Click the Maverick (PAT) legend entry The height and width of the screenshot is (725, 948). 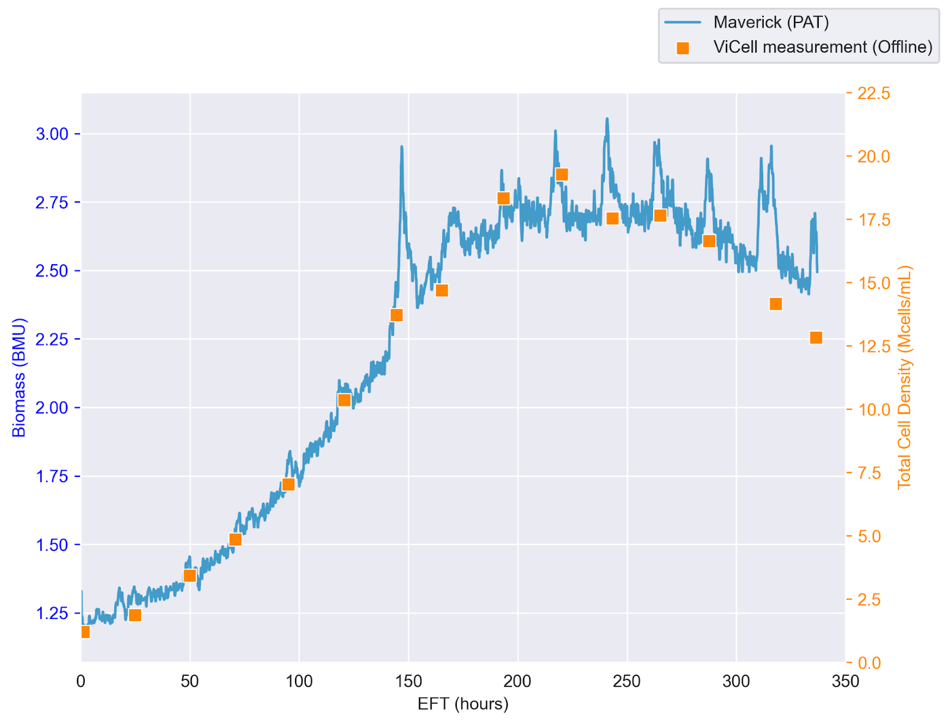770,23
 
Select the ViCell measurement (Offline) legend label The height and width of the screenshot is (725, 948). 822,47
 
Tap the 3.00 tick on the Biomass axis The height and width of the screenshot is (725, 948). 52,134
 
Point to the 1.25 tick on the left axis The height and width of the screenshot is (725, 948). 52,613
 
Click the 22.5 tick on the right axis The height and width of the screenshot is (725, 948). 874,94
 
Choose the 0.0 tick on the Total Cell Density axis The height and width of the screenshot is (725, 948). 869,663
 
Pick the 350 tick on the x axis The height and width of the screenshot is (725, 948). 845,682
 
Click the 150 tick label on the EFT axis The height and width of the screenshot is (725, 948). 408,682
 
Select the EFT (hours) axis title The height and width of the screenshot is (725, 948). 463,704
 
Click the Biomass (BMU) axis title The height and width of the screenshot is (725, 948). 19,377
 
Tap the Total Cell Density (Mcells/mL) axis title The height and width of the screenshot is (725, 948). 904,377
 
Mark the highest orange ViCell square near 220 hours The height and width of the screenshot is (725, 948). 562,175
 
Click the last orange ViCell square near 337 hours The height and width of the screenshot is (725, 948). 816,338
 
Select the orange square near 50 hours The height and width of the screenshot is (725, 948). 190,576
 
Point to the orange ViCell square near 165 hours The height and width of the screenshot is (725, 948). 441,291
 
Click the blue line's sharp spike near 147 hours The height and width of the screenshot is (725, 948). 402,147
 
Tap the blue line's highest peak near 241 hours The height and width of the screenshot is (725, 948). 607,119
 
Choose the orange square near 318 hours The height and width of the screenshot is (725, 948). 776,304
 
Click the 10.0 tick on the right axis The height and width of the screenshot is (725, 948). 874,410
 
